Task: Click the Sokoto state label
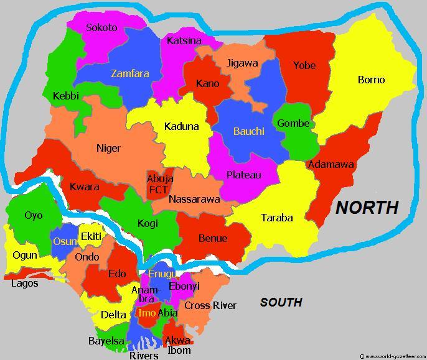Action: coord(101,27)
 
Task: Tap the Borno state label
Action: coord(371,80)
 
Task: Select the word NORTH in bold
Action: coord(367,208)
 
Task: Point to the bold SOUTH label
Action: coord(281,302)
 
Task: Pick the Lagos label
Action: coord(25,284)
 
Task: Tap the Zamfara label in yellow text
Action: coord(130,73)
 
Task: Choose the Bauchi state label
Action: coord(249,131)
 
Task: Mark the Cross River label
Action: coord(210,305)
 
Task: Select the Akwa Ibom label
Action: coord(179,345)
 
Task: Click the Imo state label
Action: coord(147,313)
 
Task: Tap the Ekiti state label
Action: coord(91,236)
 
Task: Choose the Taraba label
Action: coord(277,218)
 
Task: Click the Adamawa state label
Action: coord(331,165)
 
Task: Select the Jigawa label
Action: coord(242,63)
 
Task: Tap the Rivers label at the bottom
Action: coord(144,356)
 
